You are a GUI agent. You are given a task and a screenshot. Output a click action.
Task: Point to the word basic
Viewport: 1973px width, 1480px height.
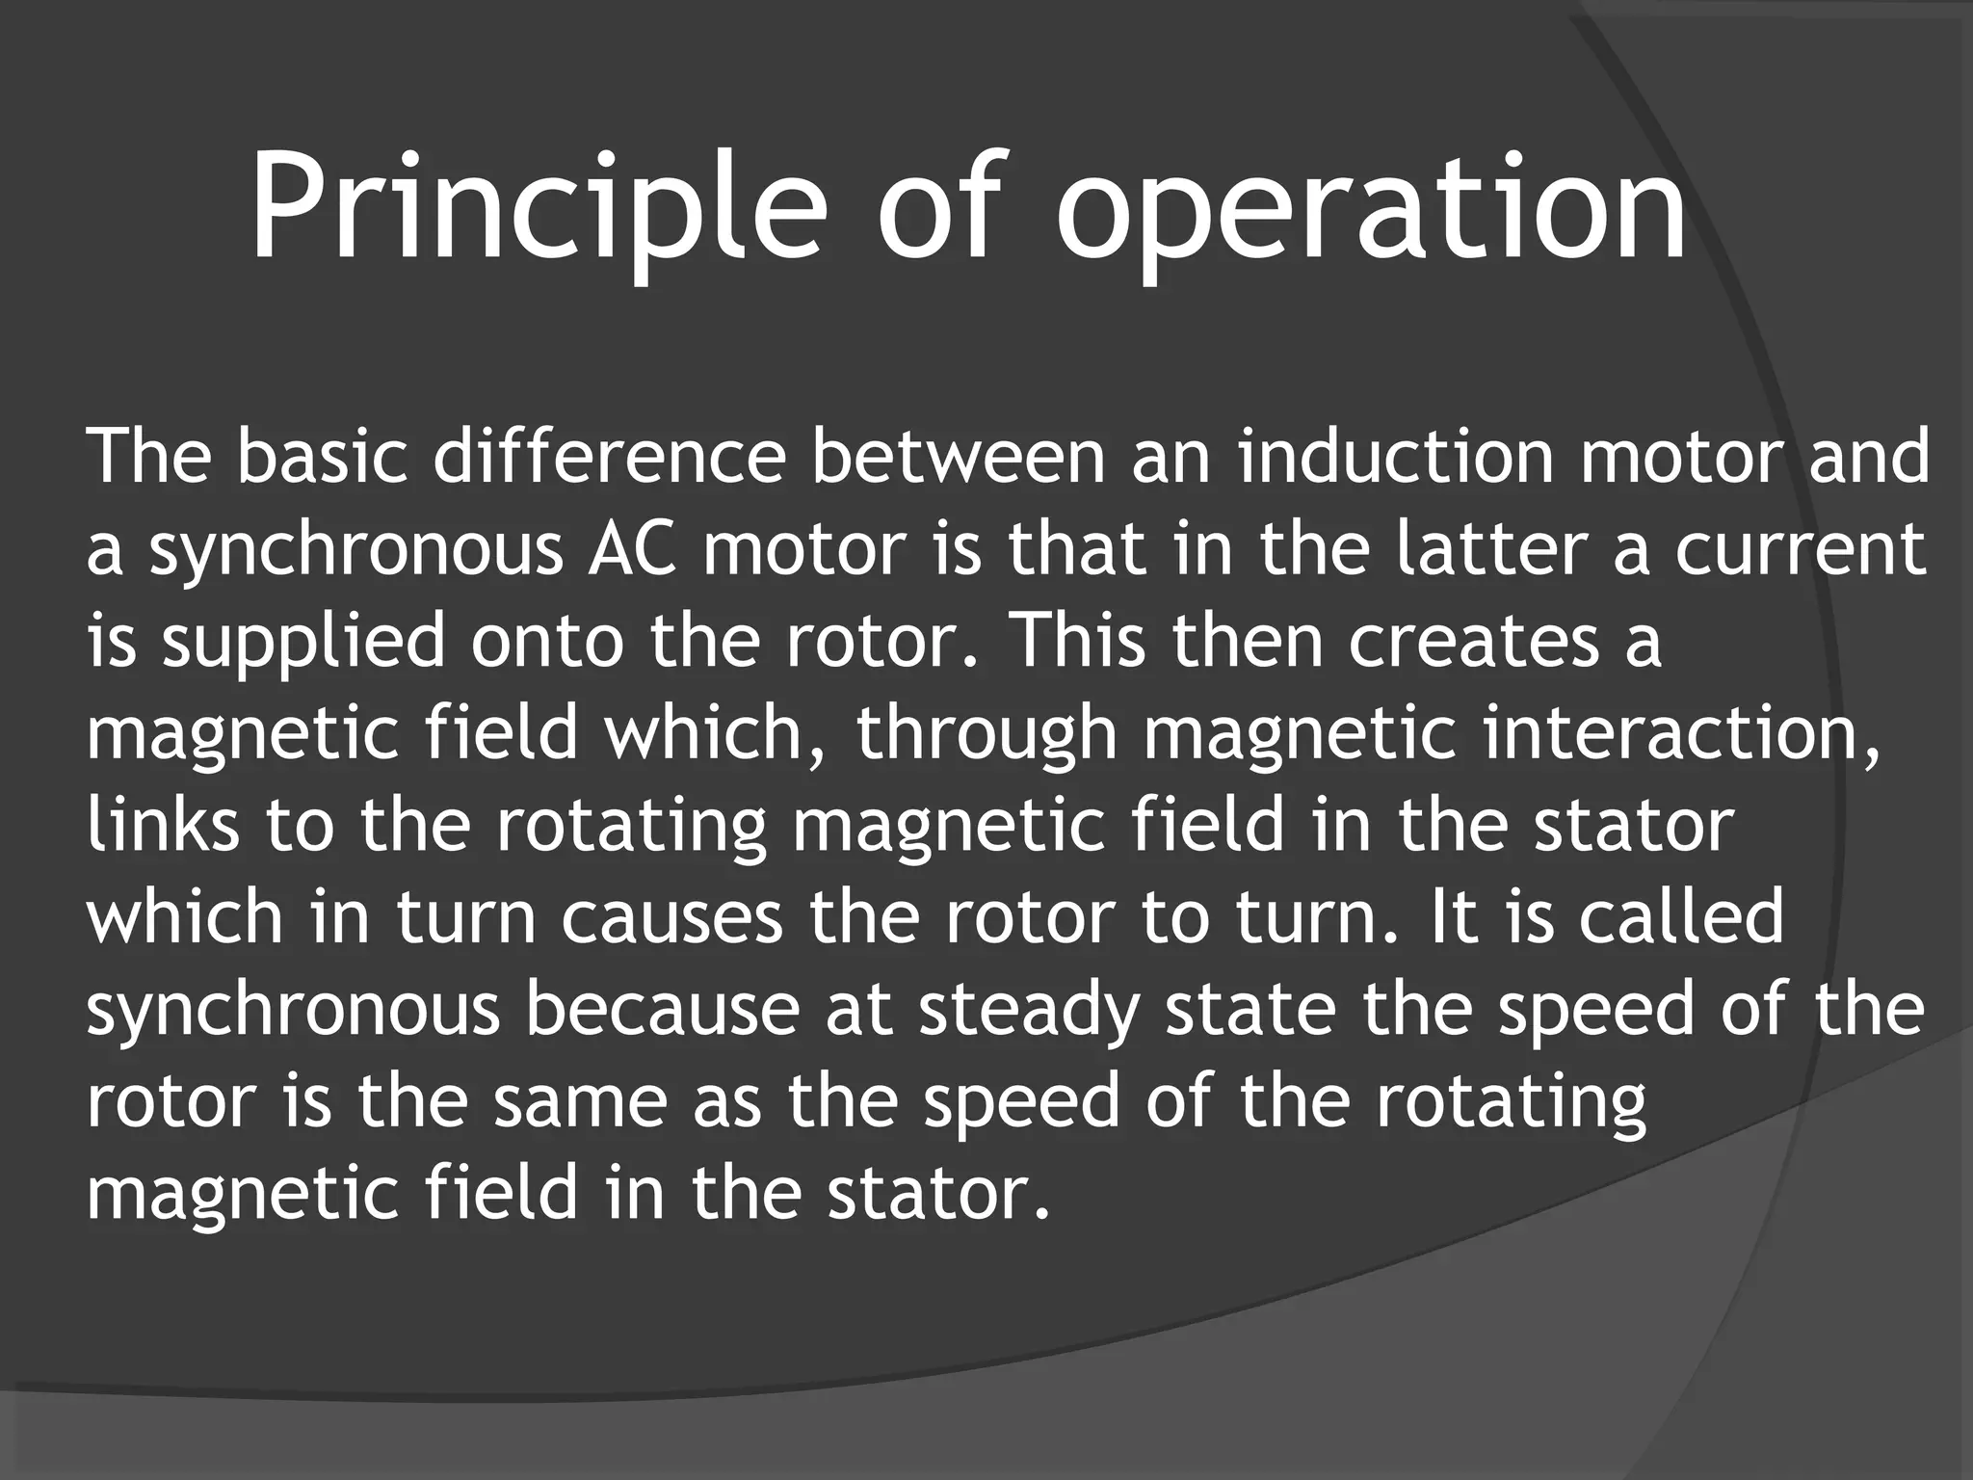coord(322,456)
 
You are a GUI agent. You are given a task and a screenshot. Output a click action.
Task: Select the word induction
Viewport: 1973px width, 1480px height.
coord(1396,456)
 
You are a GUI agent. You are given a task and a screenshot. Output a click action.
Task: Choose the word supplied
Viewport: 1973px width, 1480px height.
coord(303,641)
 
